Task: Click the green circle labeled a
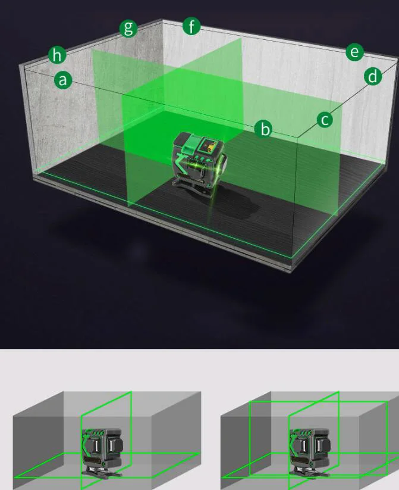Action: coord(63,80)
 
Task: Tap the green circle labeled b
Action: coord(264,129)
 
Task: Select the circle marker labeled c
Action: coord(325,120)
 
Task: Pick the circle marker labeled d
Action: coord(373,77)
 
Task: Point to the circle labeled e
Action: coord(354,52)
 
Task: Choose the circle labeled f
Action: coord(191,26)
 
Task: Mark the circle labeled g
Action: coord(128,28)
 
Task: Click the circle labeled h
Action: coord(57,55)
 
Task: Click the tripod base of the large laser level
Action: coord(193,185)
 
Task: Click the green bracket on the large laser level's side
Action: coord(181,161)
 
